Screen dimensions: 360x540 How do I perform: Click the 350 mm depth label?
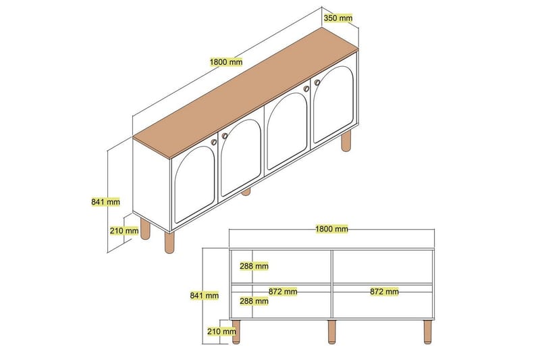tap(338, 18)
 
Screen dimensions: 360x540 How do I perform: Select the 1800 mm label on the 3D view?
tap(225, 62)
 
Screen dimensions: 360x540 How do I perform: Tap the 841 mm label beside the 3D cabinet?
tap(105, 201)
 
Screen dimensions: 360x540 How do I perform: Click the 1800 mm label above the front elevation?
tap(331, 229)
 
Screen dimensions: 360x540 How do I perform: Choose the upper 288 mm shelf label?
tap(254, 266)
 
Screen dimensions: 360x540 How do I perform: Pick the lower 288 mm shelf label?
tap(254, 301)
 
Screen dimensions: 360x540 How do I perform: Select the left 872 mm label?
tap(283, 292)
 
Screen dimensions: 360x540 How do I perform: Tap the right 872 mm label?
tap(383, 292)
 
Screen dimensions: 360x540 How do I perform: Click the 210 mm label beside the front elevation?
tap(222, 331)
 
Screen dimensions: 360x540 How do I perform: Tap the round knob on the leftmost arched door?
tap(213, 143)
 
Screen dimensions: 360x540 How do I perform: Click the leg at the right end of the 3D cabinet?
tap(347, 141)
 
